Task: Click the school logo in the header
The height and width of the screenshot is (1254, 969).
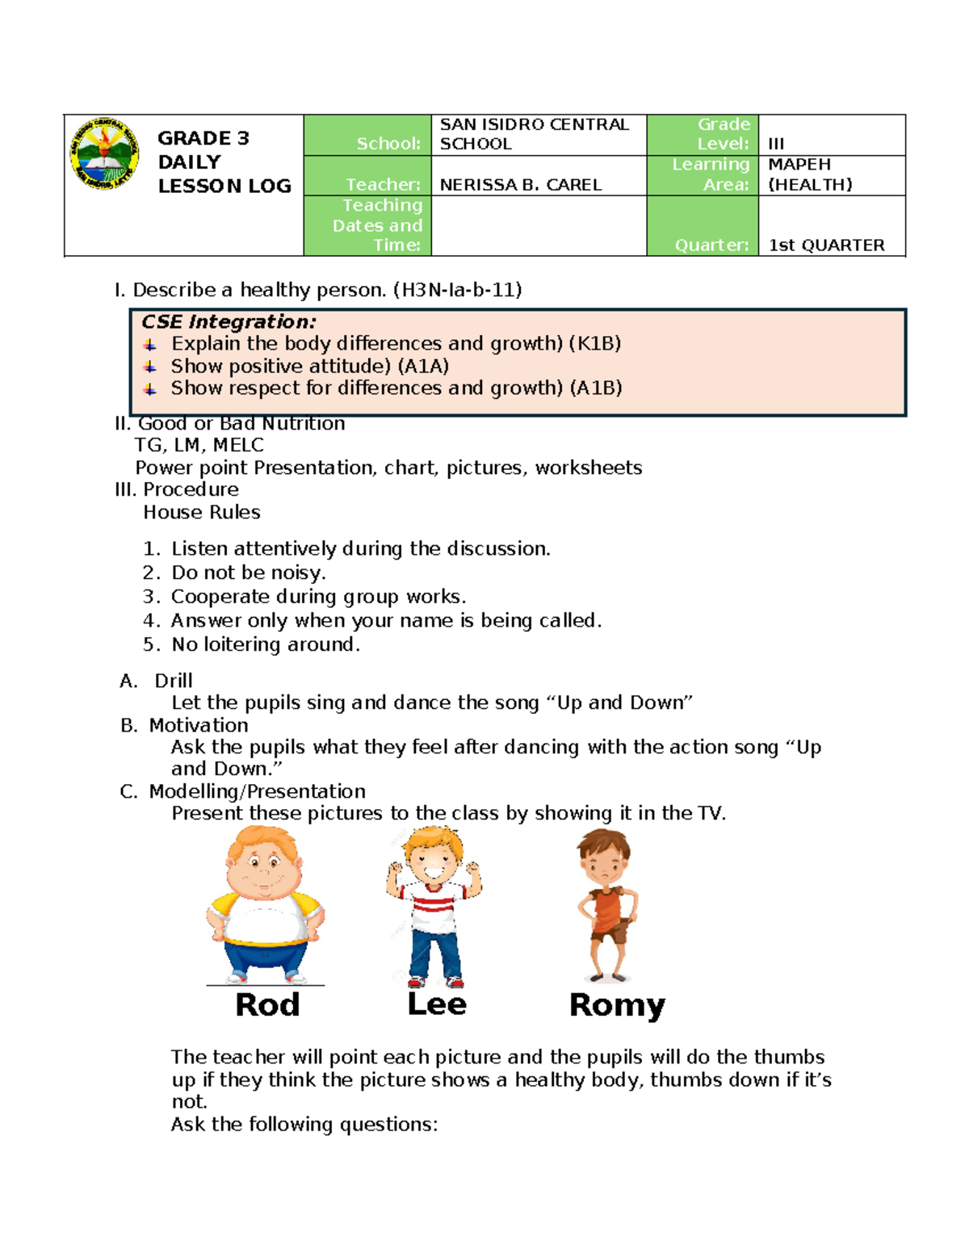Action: (x=104, y=154)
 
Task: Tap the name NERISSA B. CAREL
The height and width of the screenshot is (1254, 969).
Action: (x=521, y=185)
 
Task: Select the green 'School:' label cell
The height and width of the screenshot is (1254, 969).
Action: (x=367, y=136)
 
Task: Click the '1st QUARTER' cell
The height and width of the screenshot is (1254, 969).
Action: (x=826, y=245)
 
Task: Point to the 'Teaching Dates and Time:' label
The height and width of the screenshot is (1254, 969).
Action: (x=377, y=225)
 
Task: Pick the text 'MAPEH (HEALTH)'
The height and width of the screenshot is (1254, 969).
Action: (x=809, y=174)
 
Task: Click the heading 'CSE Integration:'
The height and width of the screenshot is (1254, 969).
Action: (x=229, y=321)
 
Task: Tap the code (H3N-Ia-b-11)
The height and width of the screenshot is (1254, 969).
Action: (x=457, y=290)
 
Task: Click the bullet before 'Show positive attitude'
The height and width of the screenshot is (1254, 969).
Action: (x=150, y=367)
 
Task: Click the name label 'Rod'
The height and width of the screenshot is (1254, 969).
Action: (x=267, y=1005)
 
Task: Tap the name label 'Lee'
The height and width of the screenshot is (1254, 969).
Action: (x=437, y=1004)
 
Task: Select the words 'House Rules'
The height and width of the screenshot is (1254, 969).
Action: (x=202, y=513)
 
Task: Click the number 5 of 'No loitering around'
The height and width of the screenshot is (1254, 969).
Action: (x=149, y=644)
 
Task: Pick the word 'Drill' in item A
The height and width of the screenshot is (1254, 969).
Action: (x=174, y=681)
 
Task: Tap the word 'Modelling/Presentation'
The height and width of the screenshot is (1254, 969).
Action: (x=257, y=791)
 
